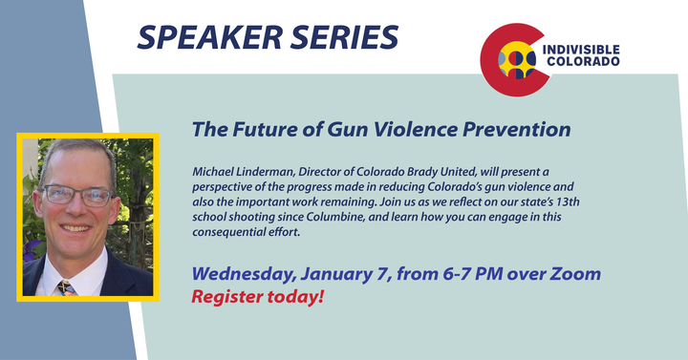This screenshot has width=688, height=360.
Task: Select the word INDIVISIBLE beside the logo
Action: [581, 50]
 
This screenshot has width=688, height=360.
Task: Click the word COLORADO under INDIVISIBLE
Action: [583, 61]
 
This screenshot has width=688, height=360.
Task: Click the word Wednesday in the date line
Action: [243, 274]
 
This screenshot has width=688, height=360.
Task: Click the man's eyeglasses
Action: [77, 196]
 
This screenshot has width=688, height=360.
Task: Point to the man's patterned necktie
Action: [65, 288]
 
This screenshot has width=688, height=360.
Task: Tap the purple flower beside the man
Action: [31, 250]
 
